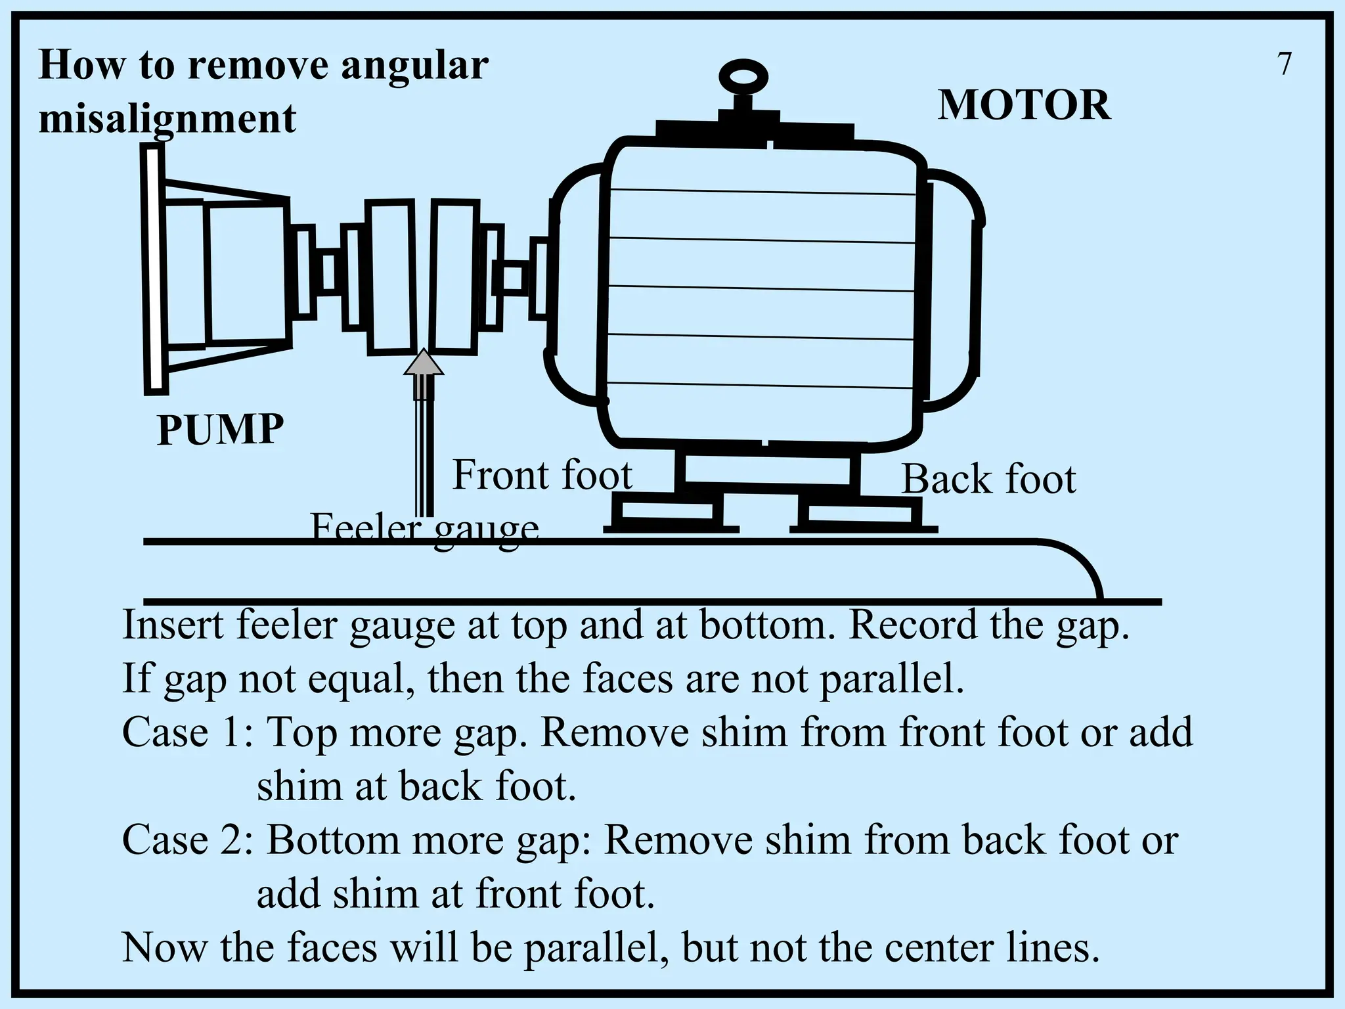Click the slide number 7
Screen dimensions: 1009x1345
click(x=1285, y=64)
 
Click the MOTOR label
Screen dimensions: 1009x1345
click(x=1024, y=105)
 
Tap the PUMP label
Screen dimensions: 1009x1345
click(x=220, y=430)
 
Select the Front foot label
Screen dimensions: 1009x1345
click(x=542, y=475)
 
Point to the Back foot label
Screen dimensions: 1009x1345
click(x=988, y=479)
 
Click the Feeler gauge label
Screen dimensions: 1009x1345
click(x=424, y=529)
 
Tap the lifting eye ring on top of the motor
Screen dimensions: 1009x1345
click(x=743, y=78)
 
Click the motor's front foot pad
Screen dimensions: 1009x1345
click(x=666, y=512)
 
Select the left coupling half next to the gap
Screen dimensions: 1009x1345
click(x=391, y=278)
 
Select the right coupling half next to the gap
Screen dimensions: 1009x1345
click(x=454, y=278)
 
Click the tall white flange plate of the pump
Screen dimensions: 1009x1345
click(x=154, y=270)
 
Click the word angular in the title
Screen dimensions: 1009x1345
click(x=414, y=65)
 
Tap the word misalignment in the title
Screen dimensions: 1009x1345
click(x=167, y=119)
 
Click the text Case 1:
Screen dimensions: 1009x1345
click(x=188, y=732)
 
